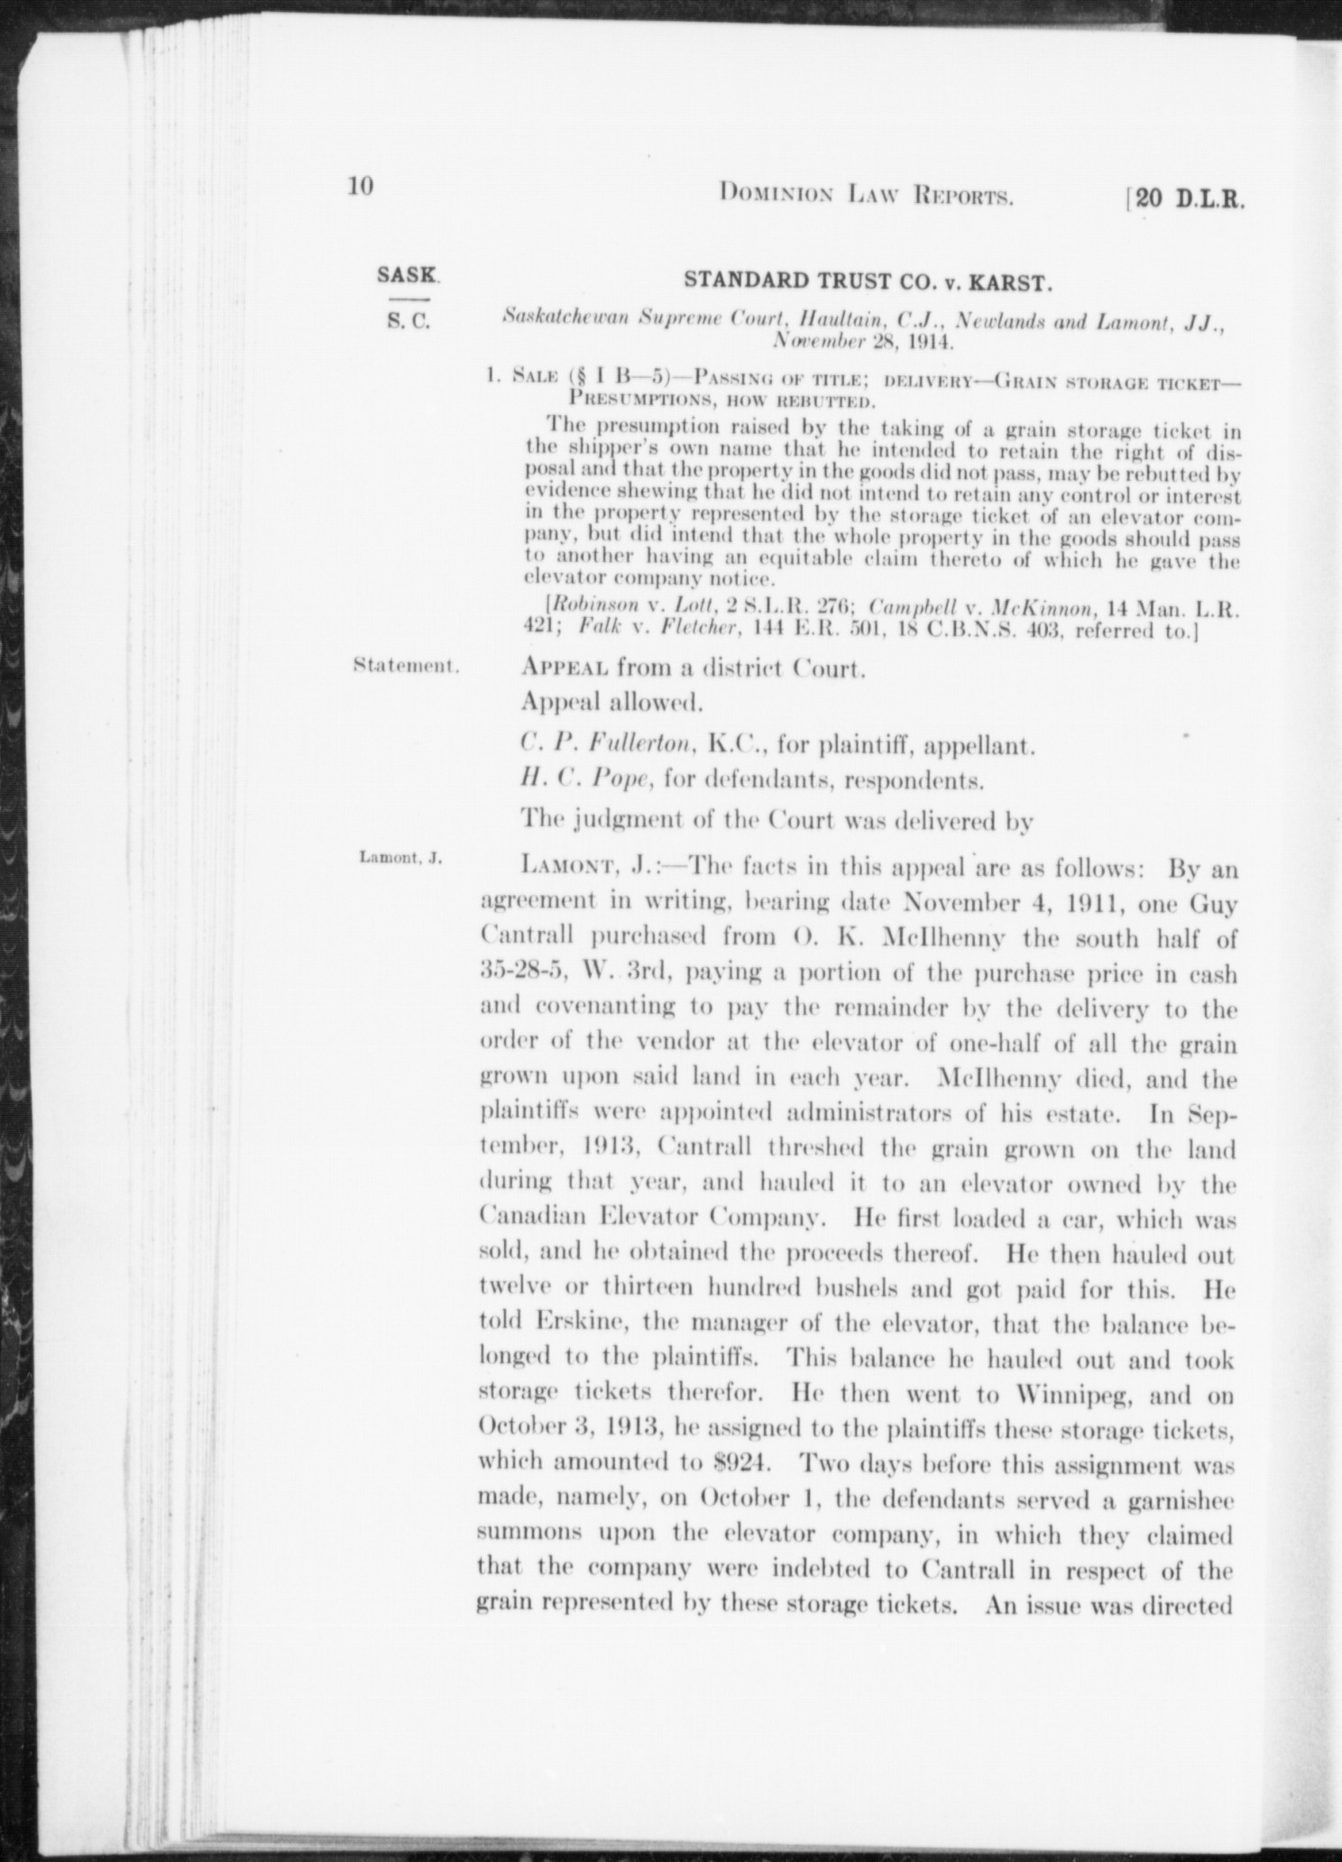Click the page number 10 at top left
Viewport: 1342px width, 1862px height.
pyautogui.click(x=359, y=187)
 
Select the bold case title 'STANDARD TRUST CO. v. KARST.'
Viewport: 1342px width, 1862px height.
pyautogui.click(x=869, y=281)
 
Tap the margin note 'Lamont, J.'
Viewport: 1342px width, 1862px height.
pyautogui.click(x=400, y=858)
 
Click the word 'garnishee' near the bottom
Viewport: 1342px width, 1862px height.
pyautogui.click(x=1172, y=1498)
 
